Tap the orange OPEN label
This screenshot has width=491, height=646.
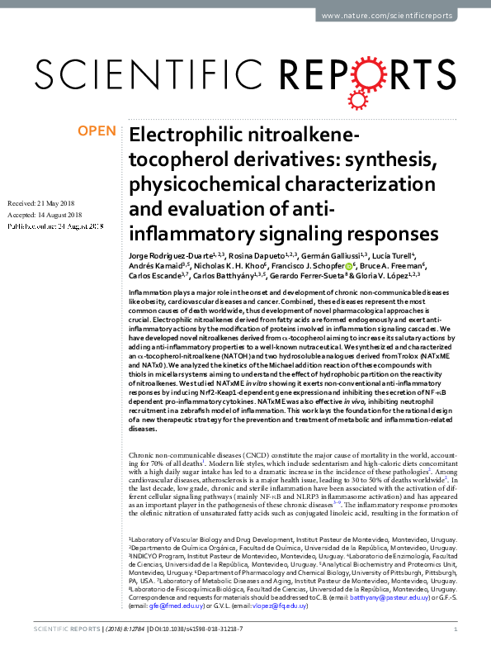(x=98, y=131)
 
